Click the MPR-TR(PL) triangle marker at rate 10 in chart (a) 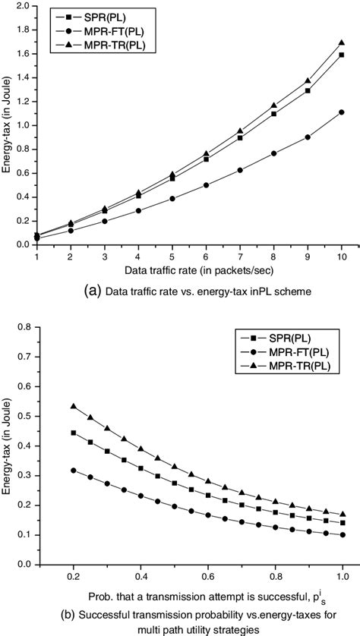pos(342,43)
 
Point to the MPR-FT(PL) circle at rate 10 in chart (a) pos(342,112)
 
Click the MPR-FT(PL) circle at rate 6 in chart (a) pos(206,184)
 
